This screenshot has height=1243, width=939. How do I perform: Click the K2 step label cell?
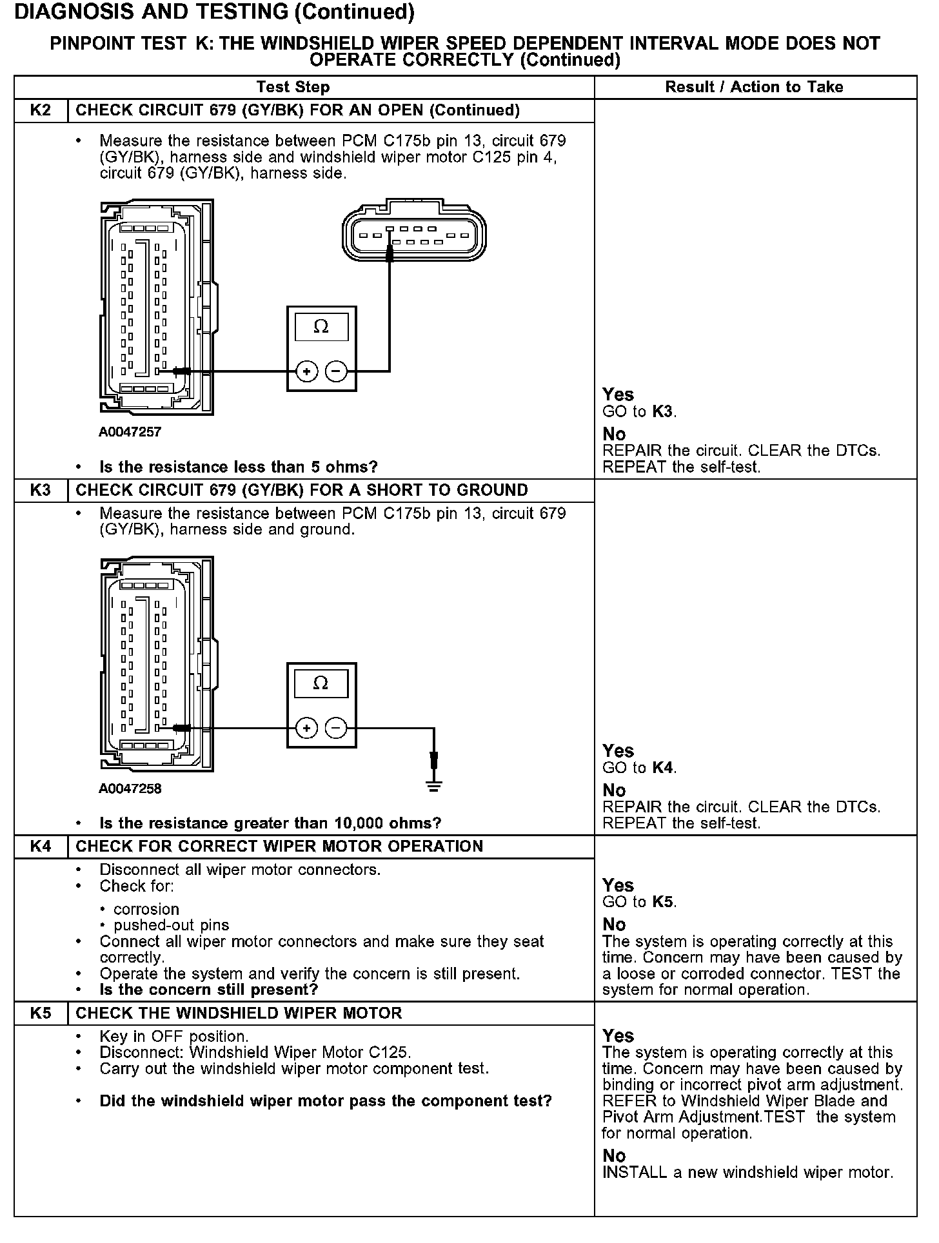coord(41,110)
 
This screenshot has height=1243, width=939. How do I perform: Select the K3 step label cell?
coord(41,490)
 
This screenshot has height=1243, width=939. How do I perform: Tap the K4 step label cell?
coord(41,847)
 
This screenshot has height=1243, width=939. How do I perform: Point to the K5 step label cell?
coord(41,1013)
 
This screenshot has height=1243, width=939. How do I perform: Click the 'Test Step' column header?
coord(293,87)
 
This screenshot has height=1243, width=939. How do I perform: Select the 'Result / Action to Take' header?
coord(754,87)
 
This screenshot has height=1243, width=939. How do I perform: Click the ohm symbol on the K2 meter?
coord(321,328)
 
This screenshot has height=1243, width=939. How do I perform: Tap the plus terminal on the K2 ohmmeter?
coord(307,371)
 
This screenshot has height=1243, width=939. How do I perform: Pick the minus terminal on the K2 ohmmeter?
coord(336,371)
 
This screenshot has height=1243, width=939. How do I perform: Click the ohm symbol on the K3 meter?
coord(321,683)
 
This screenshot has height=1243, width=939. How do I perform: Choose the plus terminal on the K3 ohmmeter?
coord(307,729)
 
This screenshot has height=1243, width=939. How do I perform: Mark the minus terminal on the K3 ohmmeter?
coord(335,729)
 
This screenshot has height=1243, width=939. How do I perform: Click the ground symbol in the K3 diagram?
coord(434,785)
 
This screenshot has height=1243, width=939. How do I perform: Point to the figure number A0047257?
coord(130,432)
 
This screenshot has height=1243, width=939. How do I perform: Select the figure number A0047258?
coord(130,788)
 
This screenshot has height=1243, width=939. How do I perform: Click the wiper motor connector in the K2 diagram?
coord(414,232)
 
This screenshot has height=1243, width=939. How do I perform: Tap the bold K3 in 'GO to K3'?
coord(663,411)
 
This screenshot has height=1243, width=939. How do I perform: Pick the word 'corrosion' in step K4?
coord(146,909)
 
